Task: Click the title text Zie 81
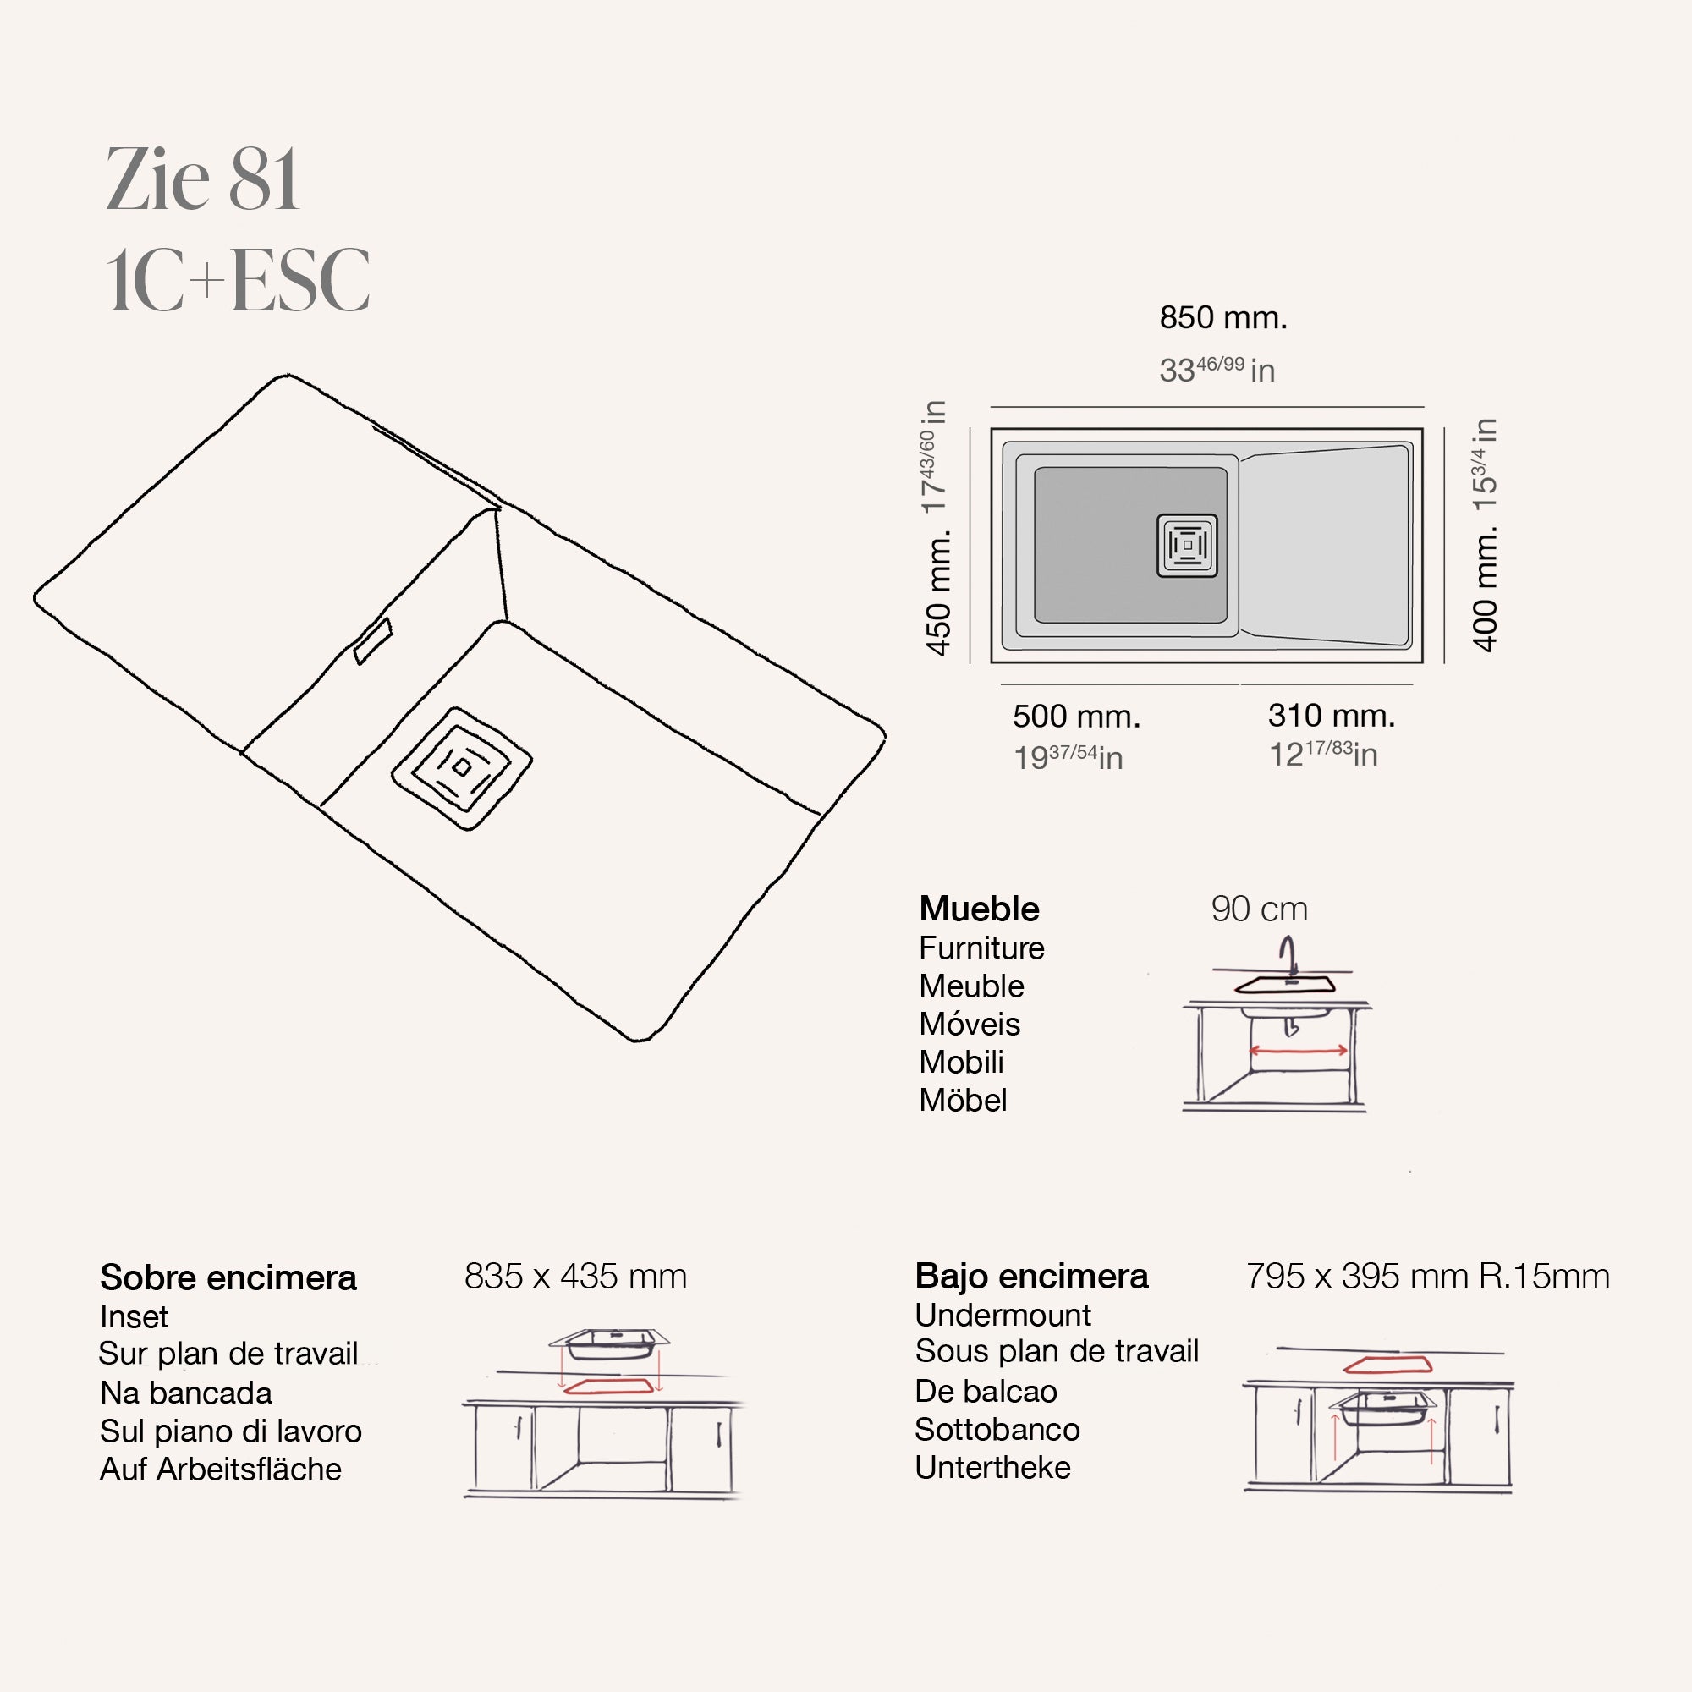click(x=202, y=180)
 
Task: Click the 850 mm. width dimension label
click(x=1222, y=318)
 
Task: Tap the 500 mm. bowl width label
click(x=1076, y=717)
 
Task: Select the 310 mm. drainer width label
click(x=1331, y=716)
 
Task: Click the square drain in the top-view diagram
click(x=1187, y=545)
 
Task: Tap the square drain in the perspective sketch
click(x=462, y=768)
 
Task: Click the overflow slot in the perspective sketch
click(x=373, y=641)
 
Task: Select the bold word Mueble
click(x=978, y=909)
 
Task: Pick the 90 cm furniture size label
click(x=1259, y=909)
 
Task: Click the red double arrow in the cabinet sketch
click(x=1298, y=1050)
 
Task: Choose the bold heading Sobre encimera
click(x=228, y=1277)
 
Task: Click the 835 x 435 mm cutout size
click(x=575, y=1276)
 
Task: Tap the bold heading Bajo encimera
click(x=1030, y=1276)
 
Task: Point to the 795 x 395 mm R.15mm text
click(x=1427, y=1276)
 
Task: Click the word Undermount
click(x=1003, y=1315)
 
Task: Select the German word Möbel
click(x=963, y=1100)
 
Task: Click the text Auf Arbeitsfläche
click(x=221, y=1469)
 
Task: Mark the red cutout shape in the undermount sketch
click(x=1387, y=1365)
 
